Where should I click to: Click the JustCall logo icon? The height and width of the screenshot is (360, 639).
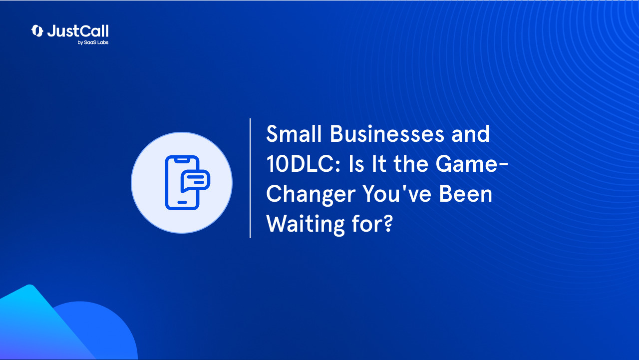[x=37, y=31]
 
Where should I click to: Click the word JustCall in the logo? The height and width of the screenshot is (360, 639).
[x=78, y=31]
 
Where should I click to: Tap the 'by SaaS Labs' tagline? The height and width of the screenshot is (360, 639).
[x=93, y=43]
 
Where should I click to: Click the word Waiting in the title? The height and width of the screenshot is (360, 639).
[x=302, y=225]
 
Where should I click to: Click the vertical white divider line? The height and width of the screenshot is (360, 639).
[x=250, y=178]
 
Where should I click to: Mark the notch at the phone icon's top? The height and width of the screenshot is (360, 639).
[x=182, y=160]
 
